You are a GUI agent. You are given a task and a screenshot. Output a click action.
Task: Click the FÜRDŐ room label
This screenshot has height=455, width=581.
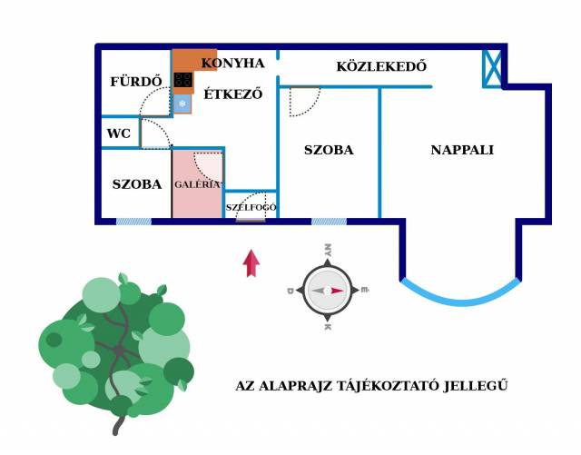pos(136,82)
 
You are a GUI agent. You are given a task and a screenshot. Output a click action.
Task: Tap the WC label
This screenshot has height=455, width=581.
pos(119,134)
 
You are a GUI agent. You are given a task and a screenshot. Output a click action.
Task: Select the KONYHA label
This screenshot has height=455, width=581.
pos(232,64)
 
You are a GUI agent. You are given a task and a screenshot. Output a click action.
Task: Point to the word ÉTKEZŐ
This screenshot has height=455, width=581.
pos(232,94)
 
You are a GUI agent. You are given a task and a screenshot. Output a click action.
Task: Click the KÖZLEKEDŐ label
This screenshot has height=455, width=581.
pos(381,66)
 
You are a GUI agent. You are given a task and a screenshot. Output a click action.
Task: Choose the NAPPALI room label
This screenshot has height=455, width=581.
pos(462,150)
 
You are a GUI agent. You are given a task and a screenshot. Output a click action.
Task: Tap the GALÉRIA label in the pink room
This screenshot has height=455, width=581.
pos(198,183)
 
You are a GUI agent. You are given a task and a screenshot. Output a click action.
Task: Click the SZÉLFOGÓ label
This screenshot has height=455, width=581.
pos(251,207)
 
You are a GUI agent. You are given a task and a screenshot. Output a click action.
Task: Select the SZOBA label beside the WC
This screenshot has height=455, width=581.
pos(137,184)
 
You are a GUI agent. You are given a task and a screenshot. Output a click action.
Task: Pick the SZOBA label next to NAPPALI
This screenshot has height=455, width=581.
pos(329,150)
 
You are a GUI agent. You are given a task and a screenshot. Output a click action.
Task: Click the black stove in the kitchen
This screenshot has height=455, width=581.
pos(183,80)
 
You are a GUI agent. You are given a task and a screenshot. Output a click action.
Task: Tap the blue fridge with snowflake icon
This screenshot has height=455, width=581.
pos(182,104)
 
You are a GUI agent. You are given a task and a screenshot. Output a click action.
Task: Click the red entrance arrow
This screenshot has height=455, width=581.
pos(251,263)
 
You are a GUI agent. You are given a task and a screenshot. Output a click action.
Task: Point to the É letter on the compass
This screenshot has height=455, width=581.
pos(365,290)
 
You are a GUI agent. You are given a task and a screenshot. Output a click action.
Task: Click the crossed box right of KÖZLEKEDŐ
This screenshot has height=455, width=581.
pos(493,68)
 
